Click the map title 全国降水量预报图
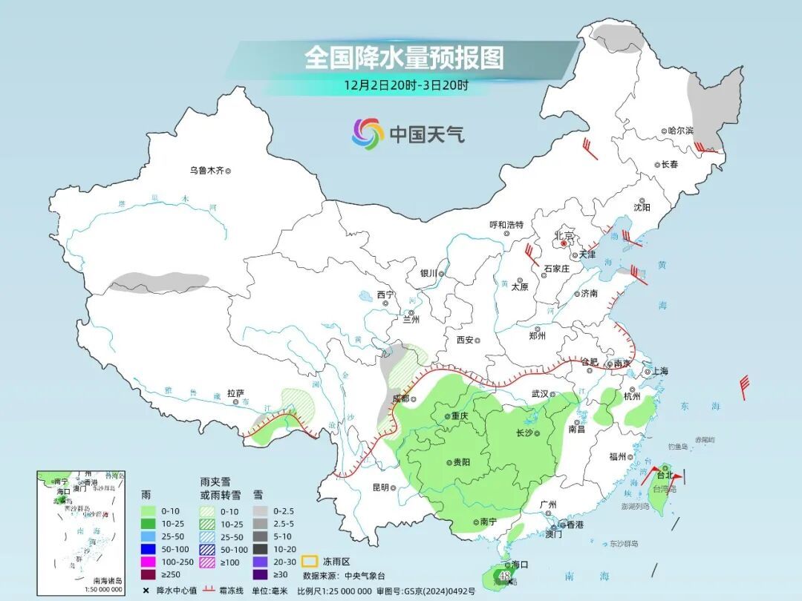[x=404, y=57]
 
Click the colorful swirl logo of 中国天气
[x=368, y=134]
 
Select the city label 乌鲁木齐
[x=206, y=171]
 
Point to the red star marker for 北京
[x=564, y=243]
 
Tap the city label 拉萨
[x=235, y=393]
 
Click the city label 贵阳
[x=460, y=462]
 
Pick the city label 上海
[x=659, y=371]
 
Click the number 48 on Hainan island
[x=504, y=575]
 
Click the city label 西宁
[x=385, y=295]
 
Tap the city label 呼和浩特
[x=506, y=224]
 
